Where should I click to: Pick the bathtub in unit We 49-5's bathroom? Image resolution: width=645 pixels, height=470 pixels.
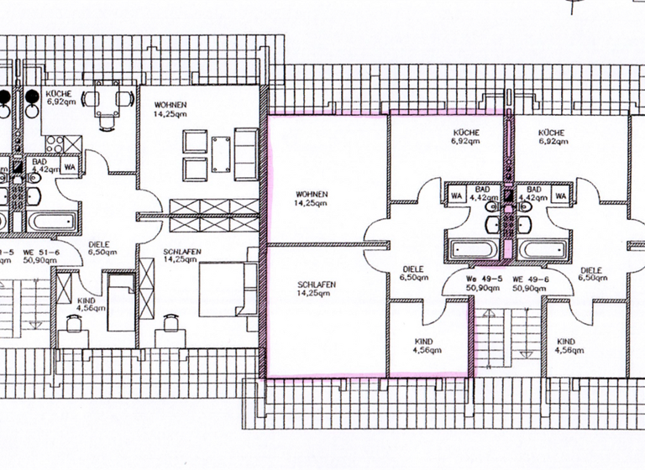[473, 249]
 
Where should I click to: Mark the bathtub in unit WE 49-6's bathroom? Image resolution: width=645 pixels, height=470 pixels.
[541, 249]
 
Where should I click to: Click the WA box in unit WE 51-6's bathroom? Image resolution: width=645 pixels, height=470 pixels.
[70, 165]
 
